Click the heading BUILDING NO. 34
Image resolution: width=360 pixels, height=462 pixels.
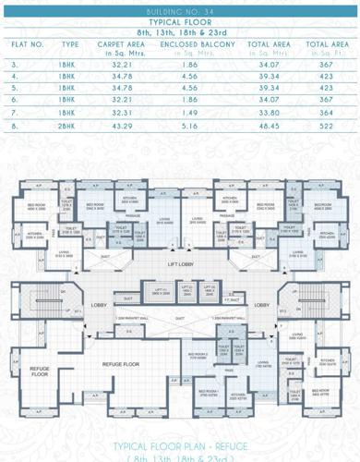tap(179, 9)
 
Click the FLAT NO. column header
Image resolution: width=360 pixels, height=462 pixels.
tap(28, 44)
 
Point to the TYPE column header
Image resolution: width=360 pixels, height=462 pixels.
tap(70, 44)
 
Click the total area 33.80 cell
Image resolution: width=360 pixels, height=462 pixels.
tap(269, 111)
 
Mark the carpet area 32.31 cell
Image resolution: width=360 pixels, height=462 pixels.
tap(115, 111)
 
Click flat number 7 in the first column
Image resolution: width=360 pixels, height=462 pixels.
tap(15, 111)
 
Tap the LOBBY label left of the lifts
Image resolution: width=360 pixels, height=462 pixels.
tap(100, 304)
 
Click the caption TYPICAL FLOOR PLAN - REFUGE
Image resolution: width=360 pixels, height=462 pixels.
tap(179, 445)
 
